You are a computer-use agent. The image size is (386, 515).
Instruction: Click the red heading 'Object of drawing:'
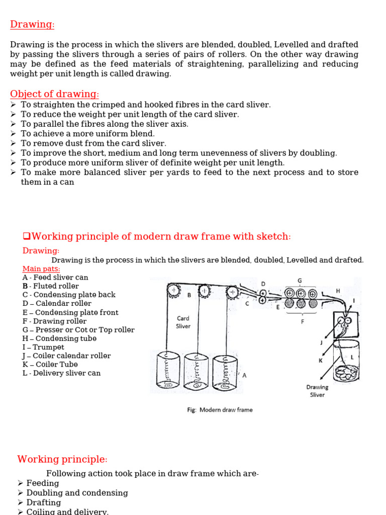tap(54, 94)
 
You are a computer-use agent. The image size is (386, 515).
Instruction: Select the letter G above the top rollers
tap(300, 281)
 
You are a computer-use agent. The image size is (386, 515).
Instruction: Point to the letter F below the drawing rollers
tap(302, 321)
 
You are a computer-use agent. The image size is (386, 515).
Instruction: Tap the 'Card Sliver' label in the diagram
tap(183, 322)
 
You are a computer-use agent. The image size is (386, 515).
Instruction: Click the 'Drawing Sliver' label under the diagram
tap(317, 391)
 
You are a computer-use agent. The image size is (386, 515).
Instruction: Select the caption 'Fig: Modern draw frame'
tap(220, 409)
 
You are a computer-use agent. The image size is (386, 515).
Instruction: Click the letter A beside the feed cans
tap(244, 375)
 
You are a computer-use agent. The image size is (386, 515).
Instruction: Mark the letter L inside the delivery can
tap(352, 358)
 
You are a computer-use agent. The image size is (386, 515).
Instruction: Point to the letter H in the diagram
tap(338, 291)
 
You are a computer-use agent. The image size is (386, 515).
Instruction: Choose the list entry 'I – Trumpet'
tap(43, 347)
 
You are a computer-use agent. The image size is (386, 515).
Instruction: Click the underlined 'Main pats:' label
tap(41, 269)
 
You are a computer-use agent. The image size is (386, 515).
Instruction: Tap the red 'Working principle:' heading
tap(62, 459)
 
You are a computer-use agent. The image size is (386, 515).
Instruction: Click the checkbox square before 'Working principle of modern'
tap(27, 236)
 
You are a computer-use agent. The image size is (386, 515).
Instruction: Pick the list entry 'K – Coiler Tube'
tap(50, 364)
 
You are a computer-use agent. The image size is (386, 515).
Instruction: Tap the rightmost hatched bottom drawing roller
tap(313, 303)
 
